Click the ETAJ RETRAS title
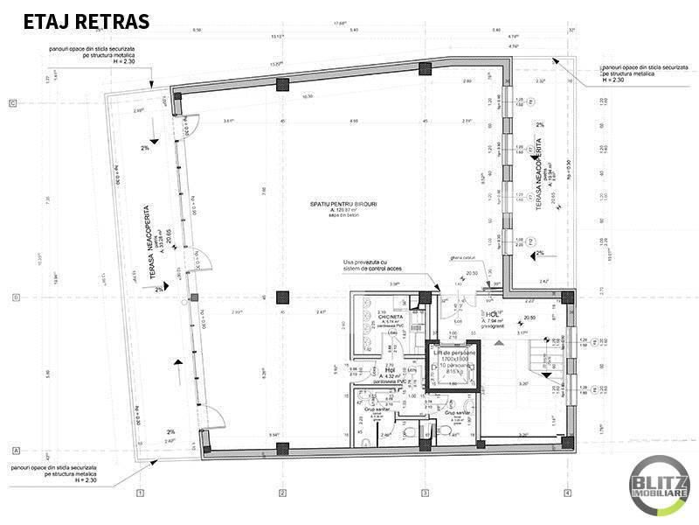[x=85, y=21]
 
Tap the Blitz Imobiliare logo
[x=661, y=486]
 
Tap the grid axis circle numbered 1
[x=139, y=493]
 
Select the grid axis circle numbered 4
[x=567, y=493]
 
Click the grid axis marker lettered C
[x=13, y=103]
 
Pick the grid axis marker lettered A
[x=13, y=450]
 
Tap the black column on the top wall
[x=281, y=84]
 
